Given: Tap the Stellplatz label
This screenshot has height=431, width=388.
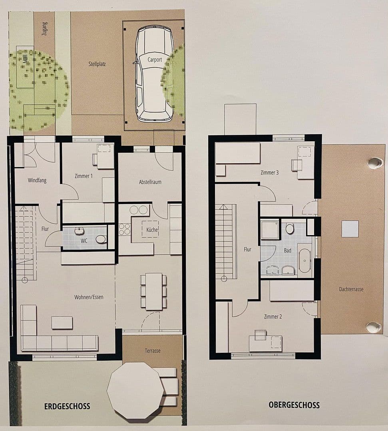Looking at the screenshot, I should click(x=97, y=63).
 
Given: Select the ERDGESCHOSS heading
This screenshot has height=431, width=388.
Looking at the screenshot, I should click(x=67, y=407).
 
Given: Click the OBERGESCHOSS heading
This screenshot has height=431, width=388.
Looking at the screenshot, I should click(x=294, y=405).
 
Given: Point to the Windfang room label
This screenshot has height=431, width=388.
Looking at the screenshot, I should click(x=37, y=180).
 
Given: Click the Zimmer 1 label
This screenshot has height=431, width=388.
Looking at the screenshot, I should click(x=84, y=176).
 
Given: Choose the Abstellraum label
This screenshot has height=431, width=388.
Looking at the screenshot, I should click(x=150, y=182).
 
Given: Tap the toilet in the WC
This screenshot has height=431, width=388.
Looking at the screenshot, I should click(x=101, y=239).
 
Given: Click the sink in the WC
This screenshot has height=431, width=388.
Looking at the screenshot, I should click(x=79, y=231).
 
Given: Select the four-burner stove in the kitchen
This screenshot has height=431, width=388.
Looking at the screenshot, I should click(x=125, y=229).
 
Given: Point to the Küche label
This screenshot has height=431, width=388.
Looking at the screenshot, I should click(x=152, y=230).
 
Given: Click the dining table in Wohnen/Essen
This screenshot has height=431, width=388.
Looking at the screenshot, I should click(x=153, y=291).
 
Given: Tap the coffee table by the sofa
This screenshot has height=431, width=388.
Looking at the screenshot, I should click(x=62, y=322).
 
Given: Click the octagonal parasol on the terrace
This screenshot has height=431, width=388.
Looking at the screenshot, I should click(x=135, y=390).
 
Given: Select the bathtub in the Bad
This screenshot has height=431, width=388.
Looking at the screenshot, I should click(x=304, y=261).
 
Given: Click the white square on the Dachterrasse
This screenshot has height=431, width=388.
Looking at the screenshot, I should click(x=350, y=229).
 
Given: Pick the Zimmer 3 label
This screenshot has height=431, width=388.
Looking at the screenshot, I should click(x=269, y=173).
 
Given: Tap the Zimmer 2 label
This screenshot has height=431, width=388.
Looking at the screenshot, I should click(x=273, y=316).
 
